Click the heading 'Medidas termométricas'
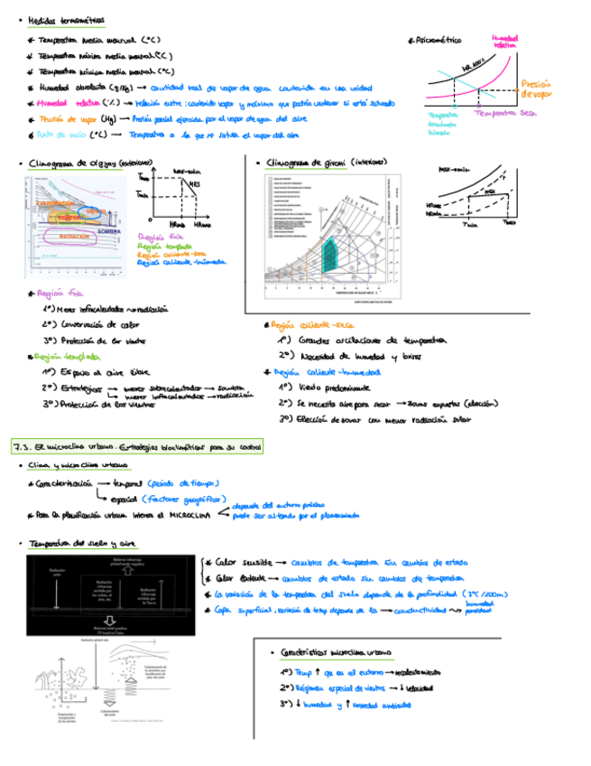[66, 19]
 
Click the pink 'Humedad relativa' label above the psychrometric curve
[504, 41]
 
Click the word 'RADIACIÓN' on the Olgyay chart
[75, 235]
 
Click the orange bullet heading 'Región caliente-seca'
[312, 325]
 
